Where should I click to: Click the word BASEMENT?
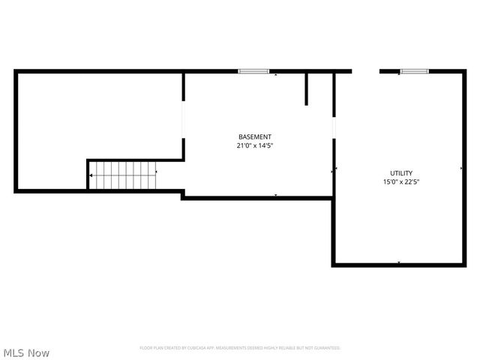click(254, 136)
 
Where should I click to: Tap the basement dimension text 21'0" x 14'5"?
click(254, 145)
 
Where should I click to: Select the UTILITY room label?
click(400, 173)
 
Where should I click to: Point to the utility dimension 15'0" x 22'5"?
click(400, 181)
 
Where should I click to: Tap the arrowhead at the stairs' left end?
click(91, 175)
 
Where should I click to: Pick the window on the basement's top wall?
click(253, 71)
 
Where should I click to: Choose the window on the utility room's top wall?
click(413, 71)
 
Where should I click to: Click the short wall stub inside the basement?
click(307, 88)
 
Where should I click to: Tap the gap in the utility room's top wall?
click(366, 71)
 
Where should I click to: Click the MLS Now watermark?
click(26, 352)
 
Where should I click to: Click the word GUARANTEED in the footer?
click(327, 348)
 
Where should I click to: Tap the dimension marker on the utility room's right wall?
click(460, 169)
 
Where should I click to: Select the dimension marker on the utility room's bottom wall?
click(398, 262)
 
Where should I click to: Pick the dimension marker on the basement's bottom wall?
click(275, 195)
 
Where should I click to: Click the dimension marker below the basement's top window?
click(275, 75)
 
